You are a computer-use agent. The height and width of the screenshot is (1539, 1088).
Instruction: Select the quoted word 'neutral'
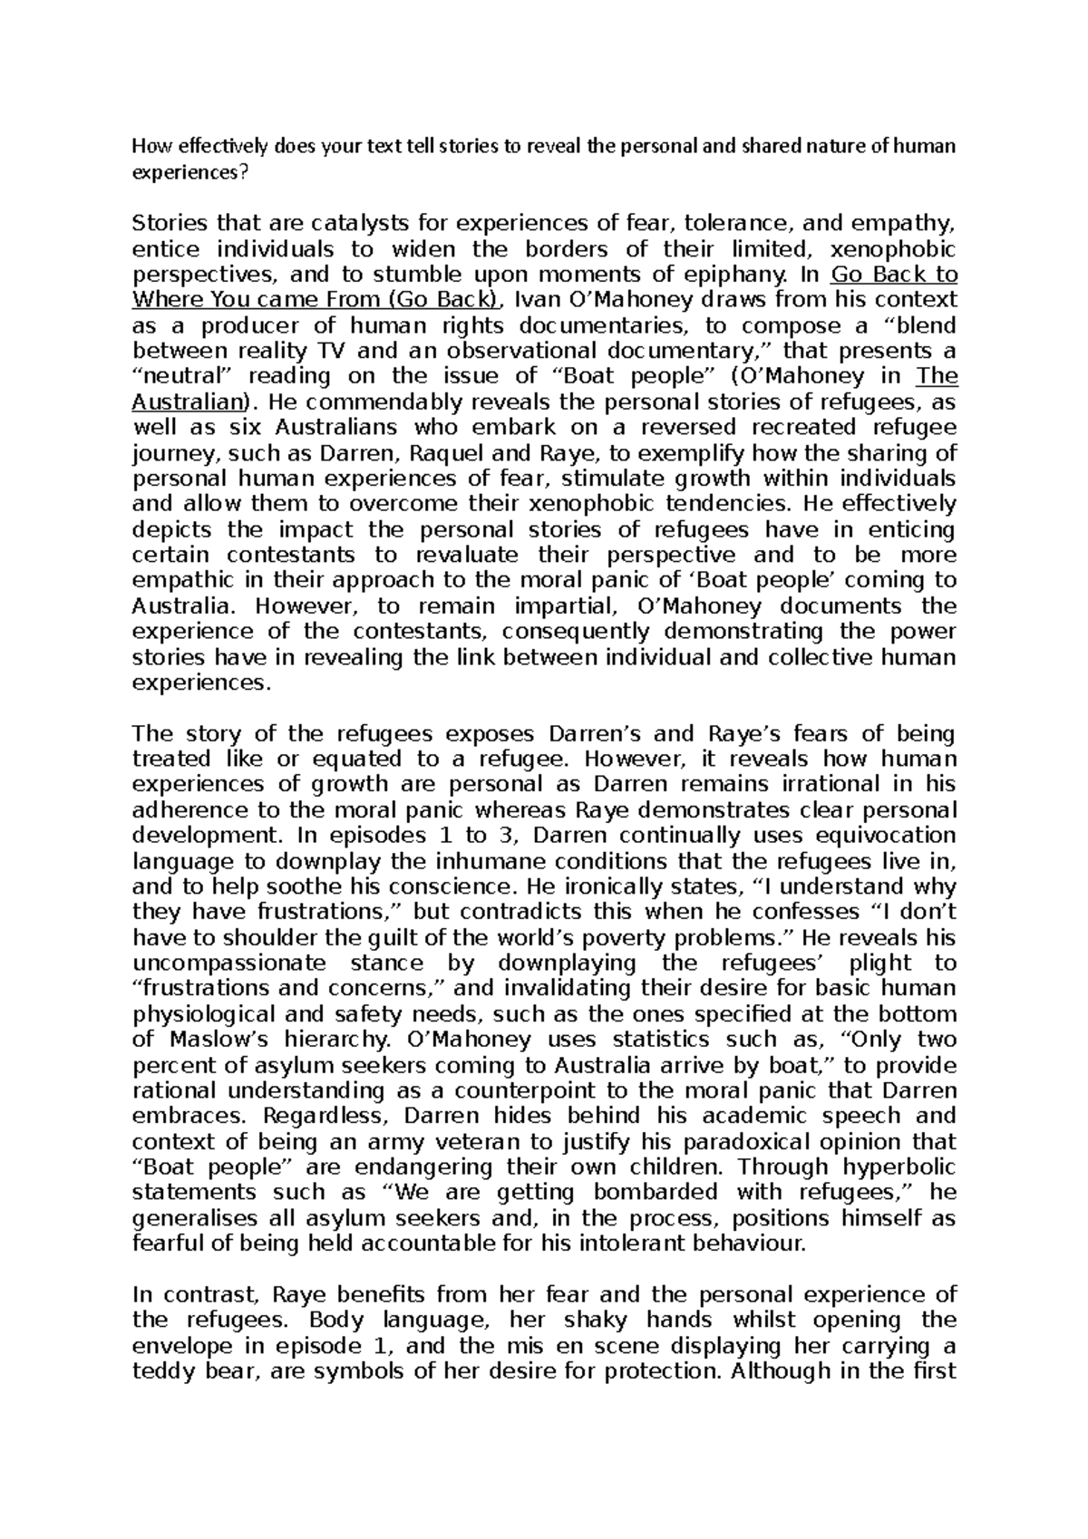[178, 376]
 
